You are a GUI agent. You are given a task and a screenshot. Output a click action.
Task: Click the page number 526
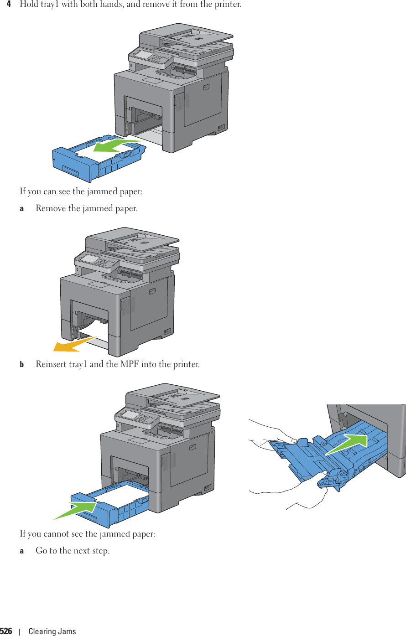pyautogui.click(x=6, y=631)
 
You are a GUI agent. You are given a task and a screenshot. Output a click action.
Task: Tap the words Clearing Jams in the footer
pyautogui.click(x=52, y=631)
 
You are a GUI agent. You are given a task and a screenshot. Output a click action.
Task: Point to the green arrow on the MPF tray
pyautogui.click(x=348, y=445)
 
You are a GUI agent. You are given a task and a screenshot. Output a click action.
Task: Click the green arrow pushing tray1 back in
pyautogui.click(x=76, y=509)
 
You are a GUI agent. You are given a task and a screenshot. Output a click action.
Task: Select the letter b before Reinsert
pyautogui.click(x=22, y=364)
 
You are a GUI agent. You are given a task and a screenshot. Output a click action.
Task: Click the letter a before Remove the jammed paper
pyautogui.click(x=22, y=208)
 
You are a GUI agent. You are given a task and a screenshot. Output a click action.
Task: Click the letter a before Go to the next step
pyautogui.click(x=22, y=551)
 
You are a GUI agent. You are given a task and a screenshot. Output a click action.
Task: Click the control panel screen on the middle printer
pyautogui.click(x=91, y=259)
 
